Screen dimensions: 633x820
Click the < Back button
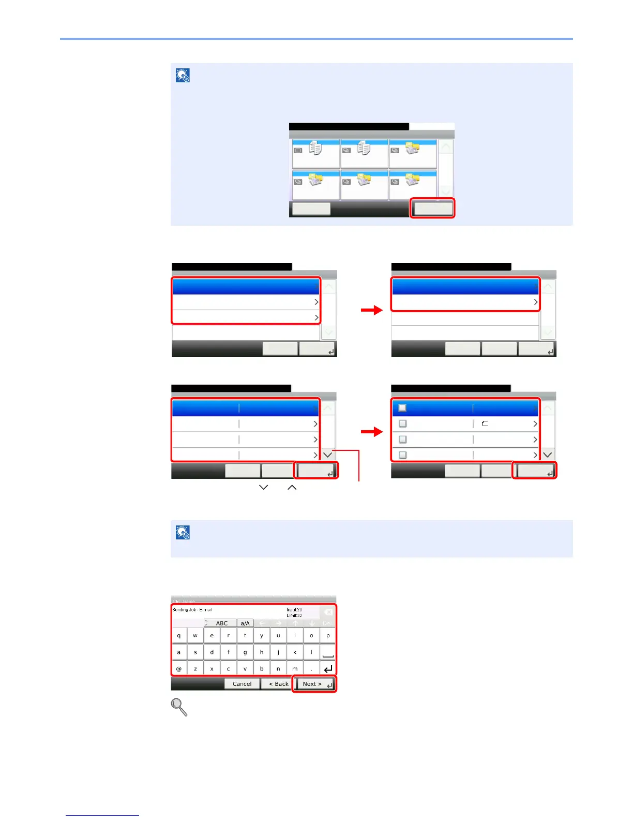(x=278, y=684)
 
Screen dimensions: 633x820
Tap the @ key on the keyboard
(x=179, y=669)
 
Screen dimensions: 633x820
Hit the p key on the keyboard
(x=328, y=636)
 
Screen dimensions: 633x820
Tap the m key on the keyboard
(x=295, y=669)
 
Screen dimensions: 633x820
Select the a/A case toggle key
(x=245, y=623)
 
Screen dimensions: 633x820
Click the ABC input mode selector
(x=221, y=623)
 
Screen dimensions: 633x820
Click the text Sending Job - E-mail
(x=192, y=610)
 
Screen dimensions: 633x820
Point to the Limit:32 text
(x=294, y=616)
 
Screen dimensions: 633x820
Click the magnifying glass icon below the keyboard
(x=179, y=707)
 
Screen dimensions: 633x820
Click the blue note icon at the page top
(x=183, y=76)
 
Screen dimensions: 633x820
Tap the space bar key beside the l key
(x=328, y=652)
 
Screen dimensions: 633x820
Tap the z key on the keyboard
(x=195, y=669)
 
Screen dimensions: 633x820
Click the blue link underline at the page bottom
(x=102, y=815)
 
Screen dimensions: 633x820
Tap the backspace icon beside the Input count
(x=328, y=612)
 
